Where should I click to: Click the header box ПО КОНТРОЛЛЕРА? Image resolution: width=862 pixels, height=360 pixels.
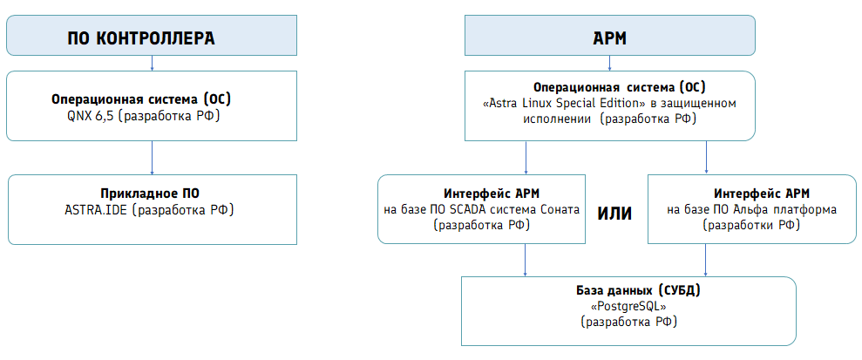152,35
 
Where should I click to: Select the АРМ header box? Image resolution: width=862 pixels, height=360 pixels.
610,35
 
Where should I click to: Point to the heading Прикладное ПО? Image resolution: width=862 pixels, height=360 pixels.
150,194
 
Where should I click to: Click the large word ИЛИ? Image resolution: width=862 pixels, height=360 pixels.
614,214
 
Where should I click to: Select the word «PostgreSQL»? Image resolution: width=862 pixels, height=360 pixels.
625,306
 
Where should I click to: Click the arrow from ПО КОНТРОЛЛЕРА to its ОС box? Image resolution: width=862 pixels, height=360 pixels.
152,64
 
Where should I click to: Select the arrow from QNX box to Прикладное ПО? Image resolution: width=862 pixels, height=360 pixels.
152,158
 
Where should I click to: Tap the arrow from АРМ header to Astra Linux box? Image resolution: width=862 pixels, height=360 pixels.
610,64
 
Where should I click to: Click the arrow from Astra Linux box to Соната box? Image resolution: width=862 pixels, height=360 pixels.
526,158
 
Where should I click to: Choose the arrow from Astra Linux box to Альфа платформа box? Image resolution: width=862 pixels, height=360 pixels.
706,158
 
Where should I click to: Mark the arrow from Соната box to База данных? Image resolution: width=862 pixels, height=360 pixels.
526,260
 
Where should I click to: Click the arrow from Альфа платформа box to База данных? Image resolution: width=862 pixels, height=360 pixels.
706,260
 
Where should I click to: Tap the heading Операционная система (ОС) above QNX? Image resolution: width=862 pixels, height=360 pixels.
141,99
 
